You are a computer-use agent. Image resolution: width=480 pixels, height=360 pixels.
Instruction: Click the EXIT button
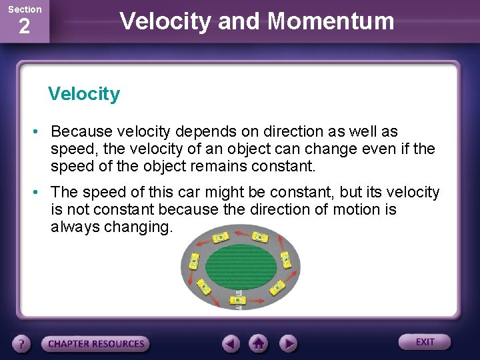coord(425,342)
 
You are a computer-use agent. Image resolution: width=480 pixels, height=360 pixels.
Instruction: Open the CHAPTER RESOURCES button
coord(96,344)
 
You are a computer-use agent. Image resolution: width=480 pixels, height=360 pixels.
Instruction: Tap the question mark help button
coord(22,344)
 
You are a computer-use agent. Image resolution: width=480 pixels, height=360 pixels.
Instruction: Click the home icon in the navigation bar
coord(259,344)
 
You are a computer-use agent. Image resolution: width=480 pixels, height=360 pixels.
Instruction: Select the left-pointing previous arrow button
coord(231,344)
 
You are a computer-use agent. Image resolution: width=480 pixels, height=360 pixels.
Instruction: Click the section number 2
coord(24,27)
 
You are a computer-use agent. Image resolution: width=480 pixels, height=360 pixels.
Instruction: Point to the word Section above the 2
coord(24,9)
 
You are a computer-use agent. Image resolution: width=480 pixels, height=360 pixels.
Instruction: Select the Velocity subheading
coord(84,94)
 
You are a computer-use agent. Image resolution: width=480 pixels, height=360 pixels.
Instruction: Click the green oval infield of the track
coord(240,265)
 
